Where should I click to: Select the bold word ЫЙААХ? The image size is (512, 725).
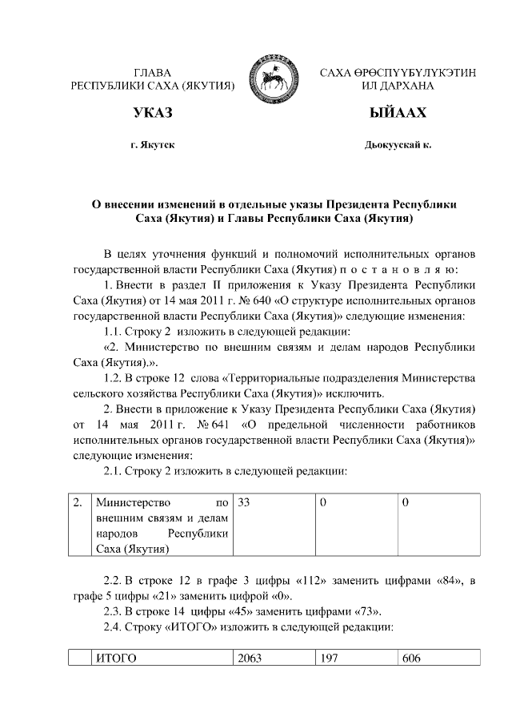point(398,113)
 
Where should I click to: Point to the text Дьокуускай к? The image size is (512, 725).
point(398,146)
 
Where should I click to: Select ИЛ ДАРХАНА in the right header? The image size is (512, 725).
point(398,84)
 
